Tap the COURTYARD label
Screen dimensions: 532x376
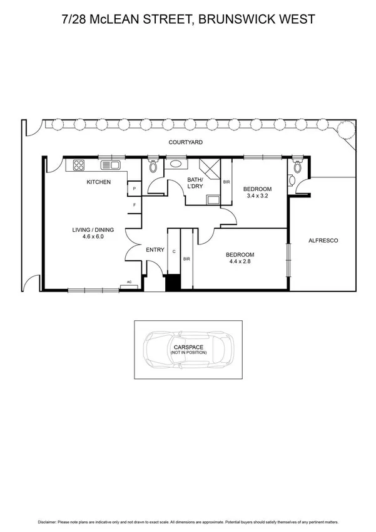(x=186, y=143)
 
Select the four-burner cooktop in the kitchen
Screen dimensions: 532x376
(x=79, y=165)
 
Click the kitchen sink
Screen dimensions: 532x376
(x=111, y=165)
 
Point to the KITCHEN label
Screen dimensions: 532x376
(x=98, y=182)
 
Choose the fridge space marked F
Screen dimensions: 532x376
(x=134, y=205)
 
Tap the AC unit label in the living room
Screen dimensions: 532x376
(x=129, y=283)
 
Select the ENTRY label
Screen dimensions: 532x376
(x=155, y=250)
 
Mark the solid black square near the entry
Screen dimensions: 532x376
(x=172, y=283)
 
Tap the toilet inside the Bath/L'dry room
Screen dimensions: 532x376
(x=153, y=167)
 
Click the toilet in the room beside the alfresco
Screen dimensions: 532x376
(x=297, y=166)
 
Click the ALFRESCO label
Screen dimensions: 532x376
(x=323, y=240)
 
